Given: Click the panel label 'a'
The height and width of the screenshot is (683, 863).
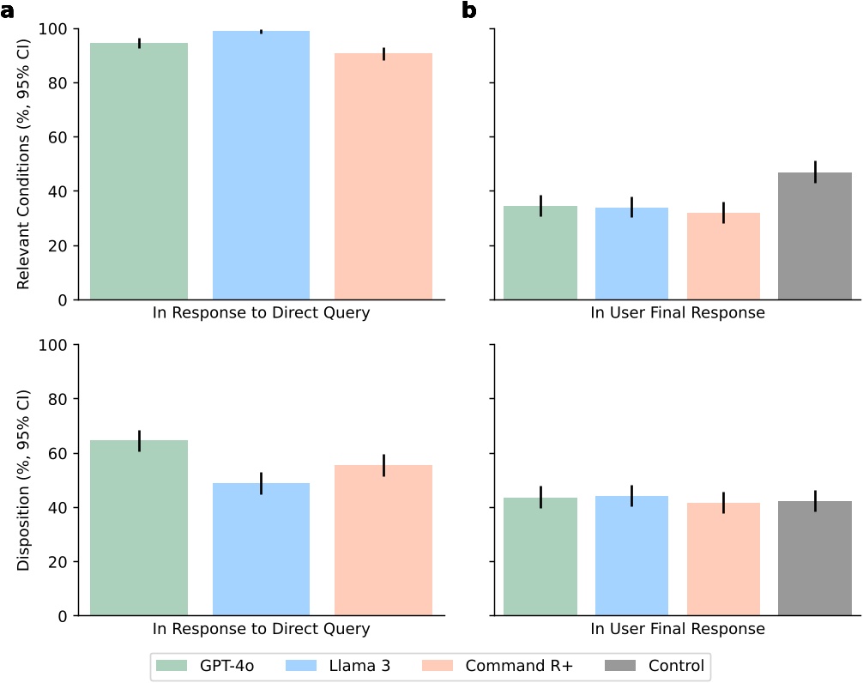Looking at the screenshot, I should (9, 10).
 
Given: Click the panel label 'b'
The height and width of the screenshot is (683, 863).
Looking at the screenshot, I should (469, 10).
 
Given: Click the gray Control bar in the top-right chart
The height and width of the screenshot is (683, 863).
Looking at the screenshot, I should (814, 236).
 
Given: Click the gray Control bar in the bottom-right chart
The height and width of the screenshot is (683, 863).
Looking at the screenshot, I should (814, 558).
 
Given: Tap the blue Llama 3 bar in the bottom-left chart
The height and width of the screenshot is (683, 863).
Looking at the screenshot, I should (262, 549).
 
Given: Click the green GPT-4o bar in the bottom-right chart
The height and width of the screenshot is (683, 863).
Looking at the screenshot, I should (540, 557).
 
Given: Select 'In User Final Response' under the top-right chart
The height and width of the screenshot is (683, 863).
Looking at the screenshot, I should (678, 313).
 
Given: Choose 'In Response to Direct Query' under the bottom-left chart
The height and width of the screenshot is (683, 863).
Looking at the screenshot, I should (262, 629).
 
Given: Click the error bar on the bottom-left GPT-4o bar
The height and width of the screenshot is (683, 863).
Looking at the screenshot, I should (139, 441).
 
